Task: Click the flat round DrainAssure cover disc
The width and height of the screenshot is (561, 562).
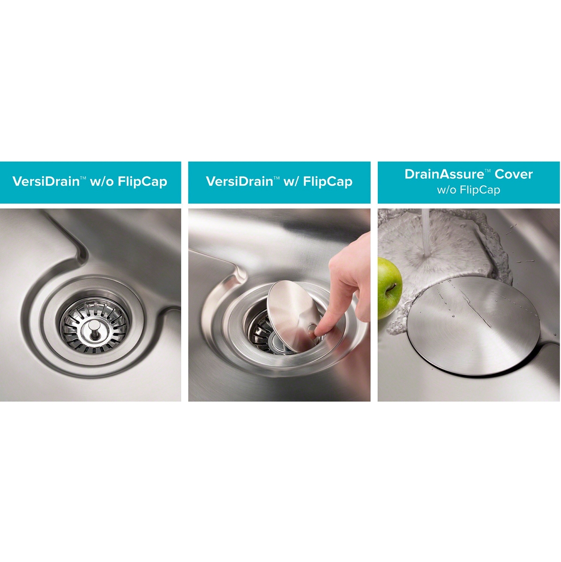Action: pyautogui.click(x=473, y=326)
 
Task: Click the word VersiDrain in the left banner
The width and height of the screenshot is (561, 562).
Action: pyautogui.click(x=46, y=181)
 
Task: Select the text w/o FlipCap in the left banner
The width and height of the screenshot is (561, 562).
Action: pyautogui.click(x=128, y=181)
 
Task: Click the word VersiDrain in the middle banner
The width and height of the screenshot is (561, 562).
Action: pyautogui.click(x=239, y=181)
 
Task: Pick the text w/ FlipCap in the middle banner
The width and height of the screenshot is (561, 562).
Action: pyautogui.click(x=318, y=181)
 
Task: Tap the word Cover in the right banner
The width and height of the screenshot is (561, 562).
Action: pyautogui.click(x=514, y=174)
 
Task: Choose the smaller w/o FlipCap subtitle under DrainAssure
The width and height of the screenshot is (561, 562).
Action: pyautogui.click(x=469, y=190)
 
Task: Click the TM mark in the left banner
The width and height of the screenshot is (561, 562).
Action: pyautogui.click(x=83, y=177)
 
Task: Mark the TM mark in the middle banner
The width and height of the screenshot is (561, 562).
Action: pyautogui.click(x=277, y=177)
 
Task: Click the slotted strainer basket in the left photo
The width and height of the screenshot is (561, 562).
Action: pyautogui.click(x=94, y=328)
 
